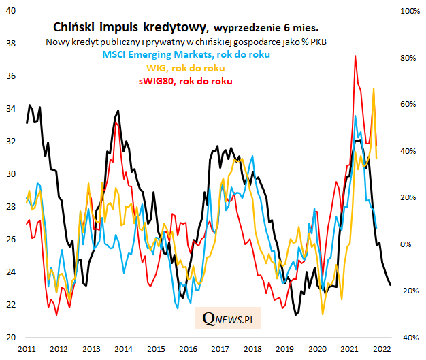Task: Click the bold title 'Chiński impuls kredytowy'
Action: (130, 27)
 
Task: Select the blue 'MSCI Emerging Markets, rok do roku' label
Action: (186, 54)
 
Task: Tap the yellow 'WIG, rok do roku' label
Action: (186, 68)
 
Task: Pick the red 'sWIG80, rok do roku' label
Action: (186, 81)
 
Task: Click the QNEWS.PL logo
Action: (233, 317)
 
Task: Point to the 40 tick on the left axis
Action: (11, 11)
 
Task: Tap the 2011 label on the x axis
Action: (27, 348)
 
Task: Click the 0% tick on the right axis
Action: (407, 244)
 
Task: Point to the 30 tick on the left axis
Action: (11, 174)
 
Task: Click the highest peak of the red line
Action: (355, 56)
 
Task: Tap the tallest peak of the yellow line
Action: (374, 88)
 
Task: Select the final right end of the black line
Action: (390, 284)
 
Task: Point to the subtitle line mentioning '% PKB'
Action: (186, 42)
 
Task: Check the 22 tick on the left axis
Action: (11, 304)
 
